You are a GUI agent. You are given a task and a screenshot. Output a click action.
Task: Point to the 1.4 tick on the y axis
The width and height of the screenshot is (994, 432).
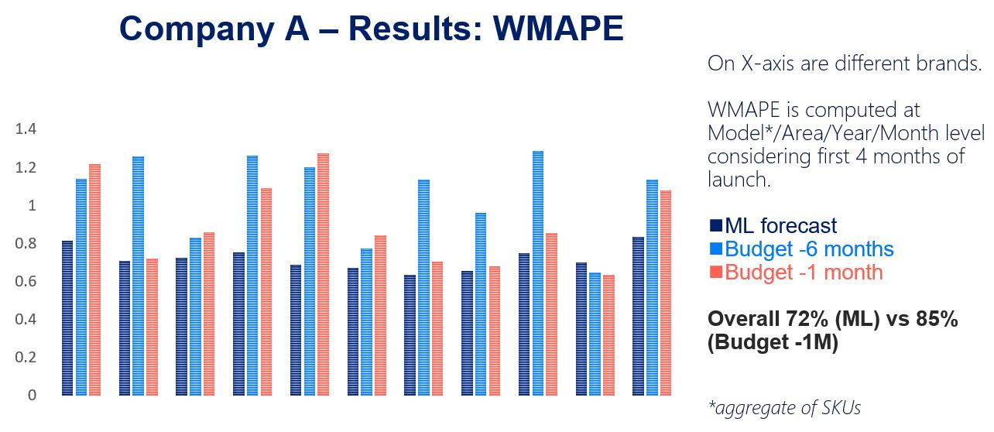tap(26, 129)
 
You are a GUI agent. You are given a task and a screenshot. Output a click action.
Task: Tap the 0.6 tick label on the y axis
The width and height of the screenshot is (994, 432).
tap(26, 281)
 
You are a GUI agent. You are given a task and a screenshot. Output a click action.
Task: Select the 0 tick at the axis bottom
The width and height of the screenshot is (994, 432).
tap(32, 395)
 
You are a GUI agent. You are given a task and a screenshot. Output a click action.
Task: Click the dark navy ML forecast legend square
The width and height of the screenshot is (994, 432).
tap(715, 226)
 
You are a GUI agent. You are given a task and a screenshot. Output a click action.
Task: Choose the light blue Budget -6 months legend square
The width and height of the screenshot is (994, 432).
tap(715, 249)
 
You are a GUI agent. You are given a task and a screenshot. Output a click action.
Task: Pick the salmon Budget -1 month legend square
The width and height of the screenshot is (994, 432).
tap(715, 273)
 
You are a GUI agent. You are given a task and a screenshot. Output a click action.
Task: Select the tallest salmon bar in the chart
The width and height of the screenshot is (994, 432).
tap(322, 274)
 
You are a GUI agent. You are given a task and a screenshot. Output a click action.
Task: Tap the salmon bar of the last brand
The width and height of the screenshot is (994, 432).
tap(665, 293)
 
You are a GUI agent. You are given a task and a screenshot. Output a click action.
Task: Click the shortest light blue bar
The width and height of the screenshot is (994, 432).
tap(595, 334)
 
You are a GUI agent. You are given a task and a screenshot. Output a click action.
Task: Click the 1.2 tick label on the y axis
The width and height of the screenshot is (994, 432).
tap(26, 167)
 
